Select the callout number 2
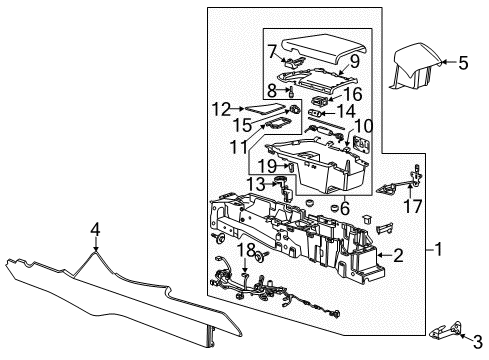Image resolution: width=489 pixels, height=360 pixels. coord(400,255)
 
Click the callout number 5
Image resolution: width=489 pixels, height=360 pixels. coord(462,62)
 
